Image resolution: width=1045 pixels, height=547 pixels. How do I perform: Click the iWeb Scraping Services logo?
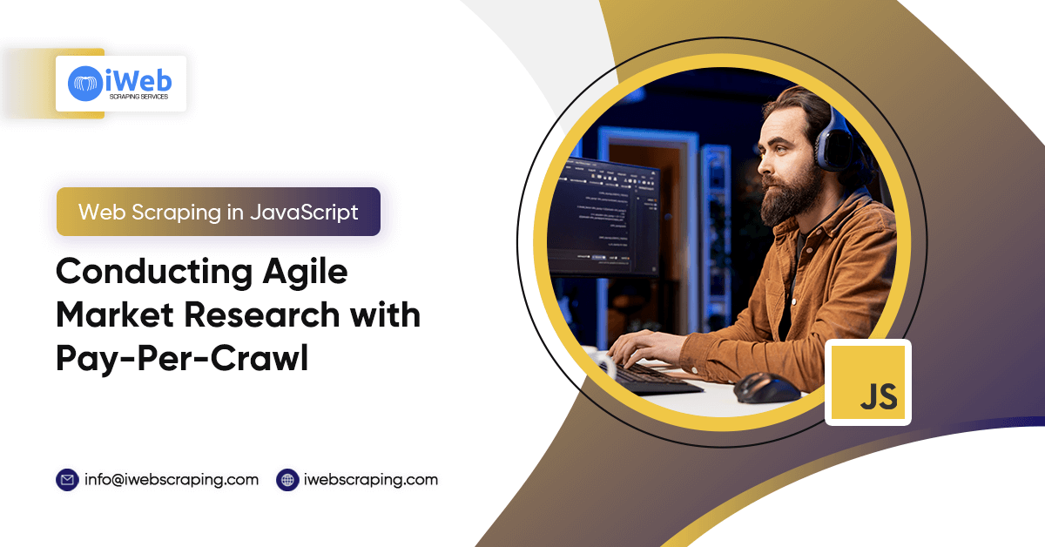(121, 84)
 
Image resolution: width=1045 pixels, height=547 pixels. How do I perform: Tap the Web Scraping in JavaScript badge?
(219, 212)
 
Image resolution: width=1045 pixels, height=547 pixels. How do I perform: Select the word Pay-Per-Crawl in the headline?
(182, 357)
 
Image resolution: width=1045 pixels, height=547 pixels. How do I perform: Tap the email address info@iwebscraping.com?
(172, 479)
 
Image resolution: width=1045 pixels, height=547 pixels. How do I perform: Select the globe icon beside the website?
(287, 479)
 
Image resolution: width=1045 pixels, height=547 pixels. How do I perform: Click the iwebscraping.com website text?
(371, 479)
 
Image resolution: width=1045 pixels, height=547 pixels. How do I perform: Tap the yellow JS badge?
(867, 382)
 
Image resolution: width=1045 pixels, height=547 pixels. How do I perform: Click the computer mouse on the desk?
(765, 387)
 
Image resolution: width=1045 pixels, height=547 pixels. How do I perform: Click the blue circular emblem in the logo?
(85, 83)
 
